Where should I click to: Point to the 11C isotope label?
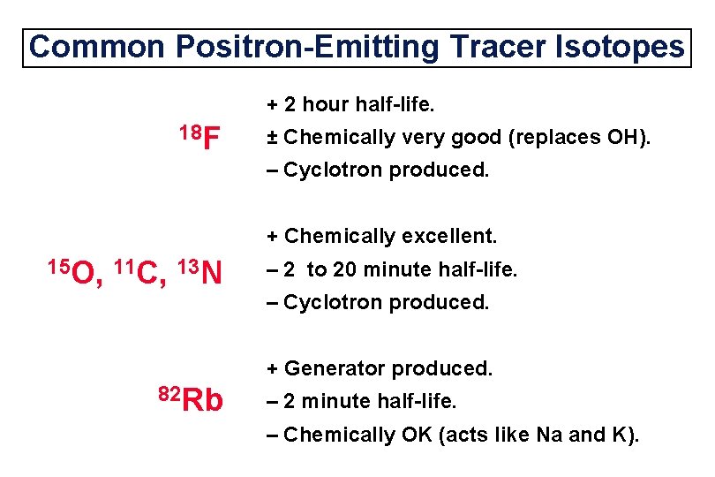(141, 272)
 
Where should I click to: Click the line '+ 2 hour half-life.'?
(350, 105)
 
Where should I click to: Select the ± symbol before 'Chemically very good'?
(273, 137)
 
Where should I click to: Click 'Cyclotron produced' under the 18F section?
(387, 170)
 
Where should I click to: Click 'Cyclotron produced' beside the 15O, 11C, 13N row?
(387, 303)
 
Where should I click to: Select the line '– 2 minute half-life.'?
(362, 401)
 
